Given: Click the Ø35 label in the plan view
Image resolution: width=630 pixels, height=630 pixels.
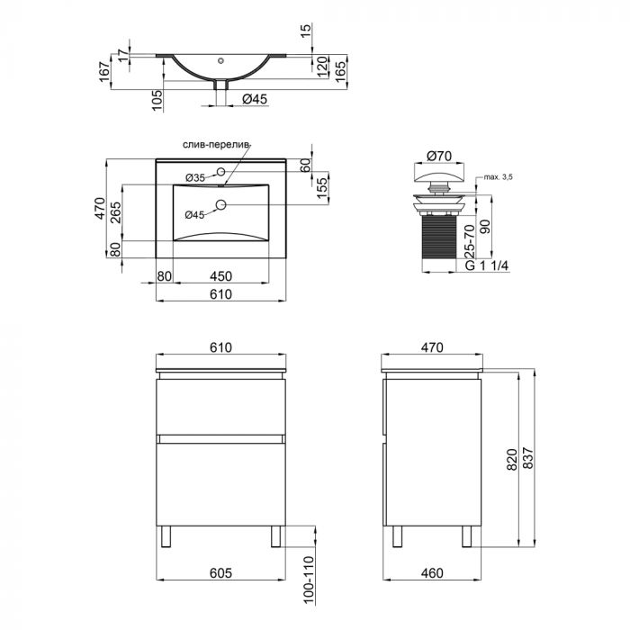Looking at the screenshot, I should [195, 176].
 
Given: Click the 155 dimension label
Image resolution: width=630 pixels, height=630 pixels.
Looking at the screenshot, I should [321, 184].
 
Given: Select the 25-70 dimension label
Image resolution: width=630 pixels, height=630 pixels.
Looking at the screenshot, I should [471, 238].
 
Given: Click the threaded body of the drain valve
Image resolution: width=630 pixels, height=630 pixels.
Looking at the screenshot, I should [436, 232].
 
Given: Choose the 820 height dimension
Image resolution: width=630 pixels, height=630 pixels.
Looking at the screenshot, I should [513, 461].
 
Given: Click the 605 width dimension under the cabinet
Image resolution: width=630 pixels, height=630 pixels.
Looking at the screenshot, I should [221, 571].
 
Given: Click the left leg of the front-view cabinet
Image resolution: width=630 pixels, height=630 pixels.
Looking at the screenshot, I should [166, 535].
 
